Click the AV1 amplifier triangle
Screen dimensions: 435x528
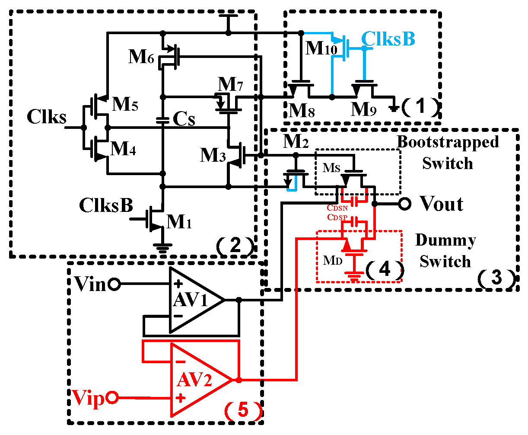click(192, 300)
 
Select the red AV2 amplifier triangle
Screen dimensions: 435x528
click(197, 380)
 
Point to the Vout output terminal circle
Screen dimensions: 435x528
click(404, 204)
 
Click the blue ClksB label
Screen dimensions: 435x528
click(388, 39)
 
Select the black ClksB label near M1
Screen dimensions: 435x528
click(106, 206)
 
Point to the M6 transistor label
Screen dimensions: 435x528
click(141, 57)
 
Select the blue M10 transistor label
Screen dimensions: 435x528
click(321, 48)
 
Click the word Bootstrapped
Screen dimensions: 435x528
click(448, 142)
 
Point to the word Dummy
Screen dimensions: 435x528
click(445, 240)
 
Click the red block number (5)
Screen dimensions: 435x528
click(243, 410)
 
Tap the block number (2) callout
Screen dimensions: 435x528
click(235, 246)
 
